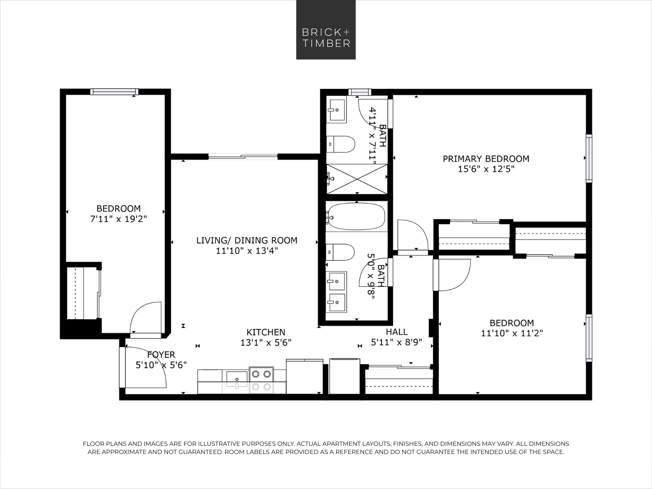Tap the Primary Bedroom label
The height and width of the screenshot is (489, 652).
point(486,159)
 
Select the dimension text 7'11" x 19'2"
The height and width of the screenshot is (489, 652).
point(118,219)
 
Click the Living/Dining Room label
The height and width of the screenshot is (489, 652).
point(247,240)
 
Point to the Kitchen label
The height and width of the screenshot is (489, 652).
point(266,332)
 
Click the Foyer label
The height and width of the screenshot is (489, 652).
point(161,355)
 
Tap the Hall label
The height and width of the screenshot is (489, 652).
point(396,332)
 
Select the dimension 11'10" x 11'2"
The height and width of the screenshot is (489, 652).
point(512,333)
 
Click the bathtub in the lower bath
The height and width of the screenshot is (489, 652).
point(356,216)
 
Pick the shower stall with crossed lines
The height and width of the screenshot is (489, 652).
point(357,178)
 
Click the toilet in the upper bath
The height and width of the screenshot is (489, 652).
point(341,144)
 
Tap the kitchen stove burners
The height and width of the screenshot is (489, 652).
point(261,380)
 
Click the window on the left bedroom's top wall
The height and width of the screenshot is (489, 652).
point(114,92)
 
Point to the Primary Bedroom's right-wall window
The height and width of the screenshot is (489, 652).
point(588,158)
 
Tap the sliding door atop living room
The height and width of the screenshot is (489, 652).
point(243,156)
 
